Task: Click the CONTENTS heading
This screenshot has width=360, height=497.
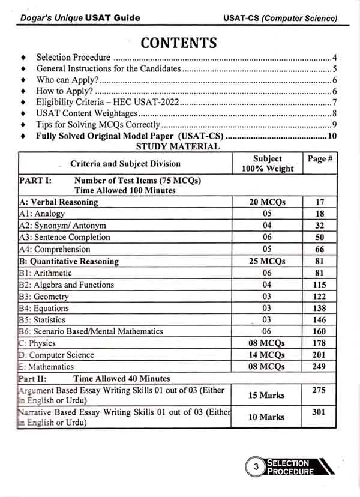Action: pos(178,43)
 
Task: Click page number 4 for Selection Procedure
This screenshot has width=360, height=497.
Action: pos(334,58)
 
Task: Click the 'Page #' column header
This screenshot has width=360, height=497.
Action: pos(320,159)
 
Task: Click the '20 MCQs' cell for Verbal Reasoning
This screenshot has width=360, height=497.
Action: pos(267,202)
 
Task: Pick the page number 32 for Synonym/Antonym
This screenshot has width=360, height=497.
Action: pos(319,226)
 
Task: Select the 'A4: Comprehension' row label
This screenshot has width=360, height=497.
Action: pos(55,249)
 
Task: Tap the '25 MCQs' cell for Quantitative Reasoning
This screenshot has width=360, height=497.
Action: pos(267,261)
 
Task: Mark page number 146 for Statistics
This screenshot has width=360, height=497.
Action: pos(319,319)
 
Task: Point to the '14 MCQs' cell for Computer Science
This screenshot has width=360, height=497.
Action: pos(267,355)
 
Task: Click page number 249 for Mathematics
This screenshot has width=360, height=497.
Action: pos(319,366)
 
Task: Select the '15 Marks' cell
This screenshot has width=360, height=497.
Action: pos(267,395)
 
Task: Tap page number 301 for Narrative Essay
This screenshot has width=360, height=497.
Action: pos(319,412)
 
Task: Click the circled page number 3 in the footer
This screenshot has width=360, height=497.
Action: pos(256,467)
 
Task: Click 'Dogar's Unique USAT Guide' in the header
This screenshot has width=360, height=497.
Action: pos(77,17)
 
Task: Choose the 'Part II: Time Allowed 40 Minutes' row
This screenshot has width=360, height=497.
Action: pos(94,379)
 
